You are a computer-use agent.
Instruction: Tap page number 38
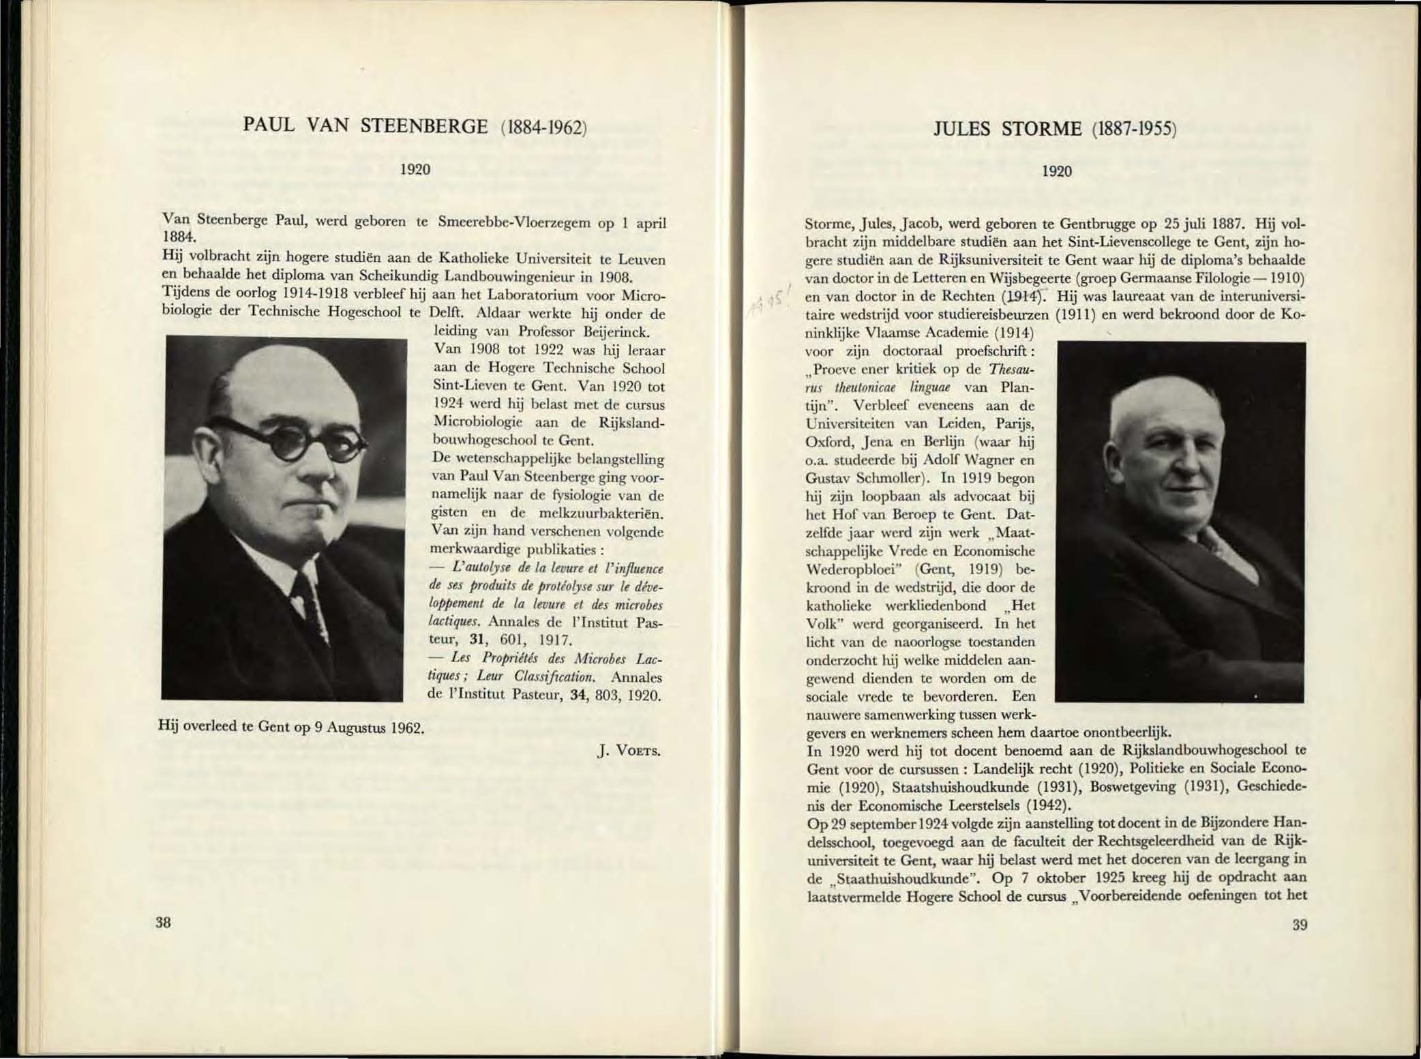[x=163, y=923]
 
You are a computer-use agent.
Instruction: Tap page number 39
[x=1300, y=925]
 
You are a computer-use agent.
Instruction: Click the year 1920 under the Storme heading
[x=1056, y=171]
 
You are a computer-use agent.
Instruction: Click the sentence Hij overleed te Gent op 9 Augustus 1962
[x=292, y=727]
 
